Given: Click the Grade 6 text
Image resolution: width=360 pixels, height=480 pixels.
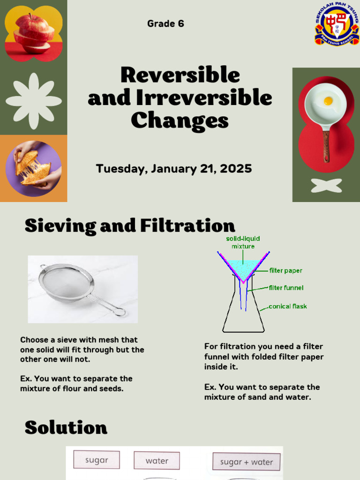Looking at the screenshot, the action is pos(165,23).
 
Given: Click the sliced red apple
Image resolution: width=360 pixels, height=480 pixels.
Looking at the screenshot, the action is pos(34,34).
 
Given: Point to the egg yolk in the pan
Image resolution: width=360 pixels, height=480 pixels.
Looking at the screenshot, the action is pos(328,100).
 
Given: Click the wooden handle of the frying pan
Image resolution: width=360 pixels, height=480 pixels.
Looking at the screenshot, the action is pos(326,146).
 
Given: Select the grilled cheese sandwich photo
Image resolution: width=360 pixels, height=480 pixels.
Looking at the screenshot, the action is pos(33,169).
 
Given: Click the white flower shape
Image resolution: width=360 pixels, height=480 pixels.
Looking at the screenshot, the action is pos(34,101).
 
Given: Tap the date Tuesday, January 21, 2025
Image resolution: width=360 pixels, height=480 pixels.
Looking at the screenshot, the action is pos(174,169).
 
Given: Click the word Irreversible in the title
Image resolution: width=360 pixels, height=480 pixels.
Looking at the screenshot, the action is pos(204,97).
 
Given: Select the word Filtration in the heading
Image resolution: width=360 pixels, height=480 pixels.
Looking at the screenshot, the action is pos(187,225).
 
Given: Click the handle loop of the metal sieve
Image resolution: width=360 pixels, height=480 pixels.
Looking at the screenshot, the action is pos(120,312).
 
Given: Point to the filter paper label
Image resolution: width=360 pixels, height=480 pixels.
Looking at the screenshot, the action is pos(285,270).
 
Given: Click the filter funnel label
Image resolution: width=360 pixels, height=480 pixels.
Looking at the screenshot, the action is pos(286,288).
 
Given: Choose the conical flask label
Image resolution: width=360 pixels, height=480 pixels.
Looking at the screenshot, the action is pos(288,306).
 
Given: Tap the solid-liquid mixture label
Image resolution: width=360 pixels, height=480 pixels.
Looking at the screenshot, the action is pos(243,242).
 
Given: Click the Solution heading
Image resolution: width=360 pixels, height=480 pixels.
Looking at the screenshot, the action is pos(66,427).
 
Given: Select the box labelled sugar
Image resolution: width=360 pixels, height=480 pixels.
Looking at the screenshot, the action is pos(97,460).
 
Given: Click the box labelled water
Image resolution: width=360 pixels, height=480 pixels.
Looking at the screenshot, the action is pos(157,461).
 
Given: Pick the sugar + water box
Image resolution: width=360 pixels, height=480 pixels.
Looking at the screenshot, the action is pos(247,462).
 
